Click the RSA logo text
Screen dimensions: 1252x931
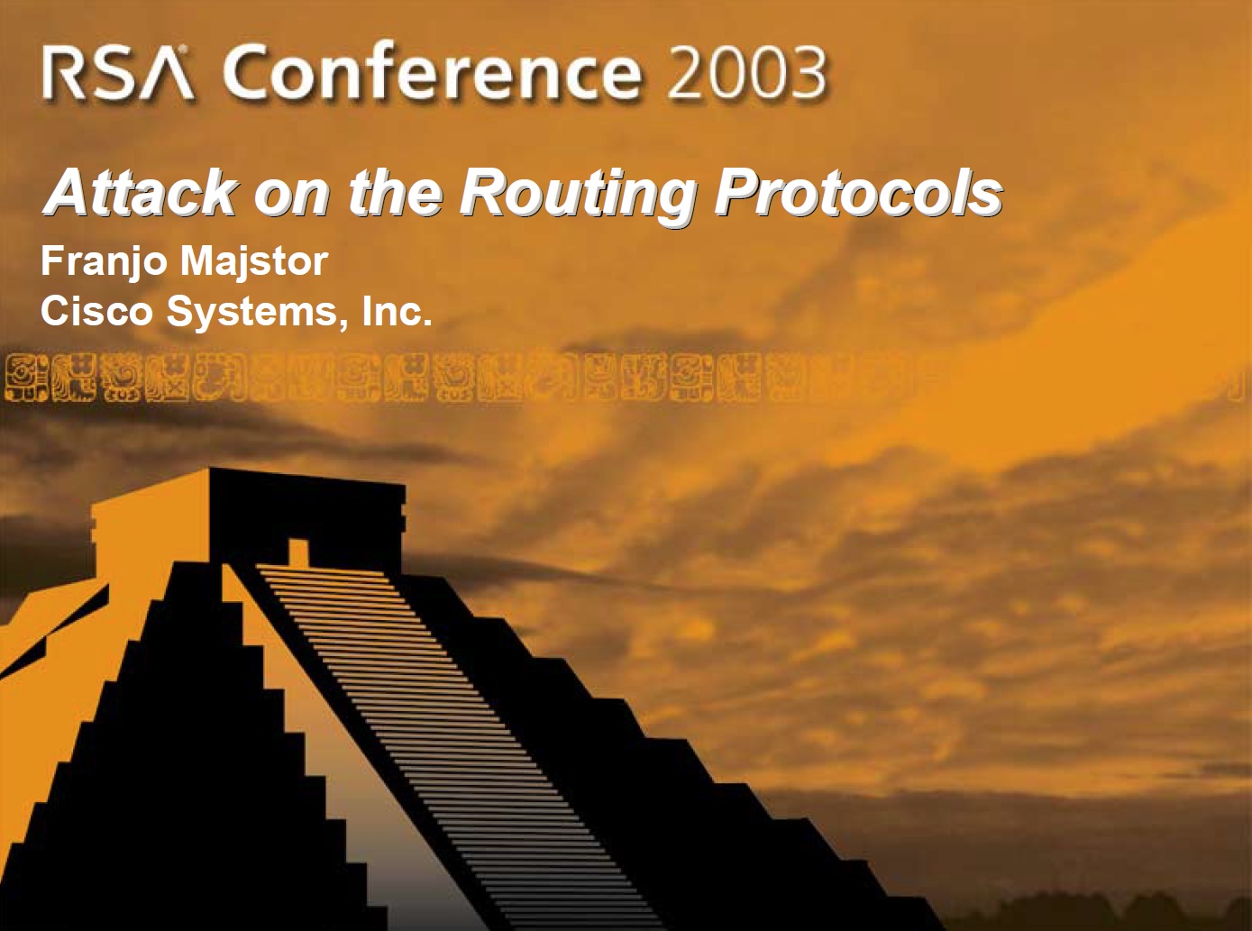pyautogui.click(x=118, y=73)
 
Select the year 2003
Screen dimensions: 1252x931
pyautogui.click(x=746, y=73)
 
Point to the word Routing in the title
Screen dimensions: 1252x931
pyautogui.click(x=577, y=195)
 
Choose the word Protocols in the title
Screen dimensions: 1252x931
pyautogui.click(x=858, y=192)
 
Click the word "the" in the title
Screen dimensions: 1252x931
pyautogui.click(x=395, y=191)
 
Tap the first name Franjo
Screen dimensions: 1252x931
pyautogui.click(x=105, y=263)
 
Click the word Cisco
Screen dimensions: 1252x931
pyautogui.click(x=96, y=311)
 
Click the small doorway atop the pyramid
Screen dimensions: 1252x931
pyautogui.click(x=298, y=552)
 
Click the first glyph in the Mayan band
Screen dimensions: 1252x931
pyautogui.click(x=26, y=378)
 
